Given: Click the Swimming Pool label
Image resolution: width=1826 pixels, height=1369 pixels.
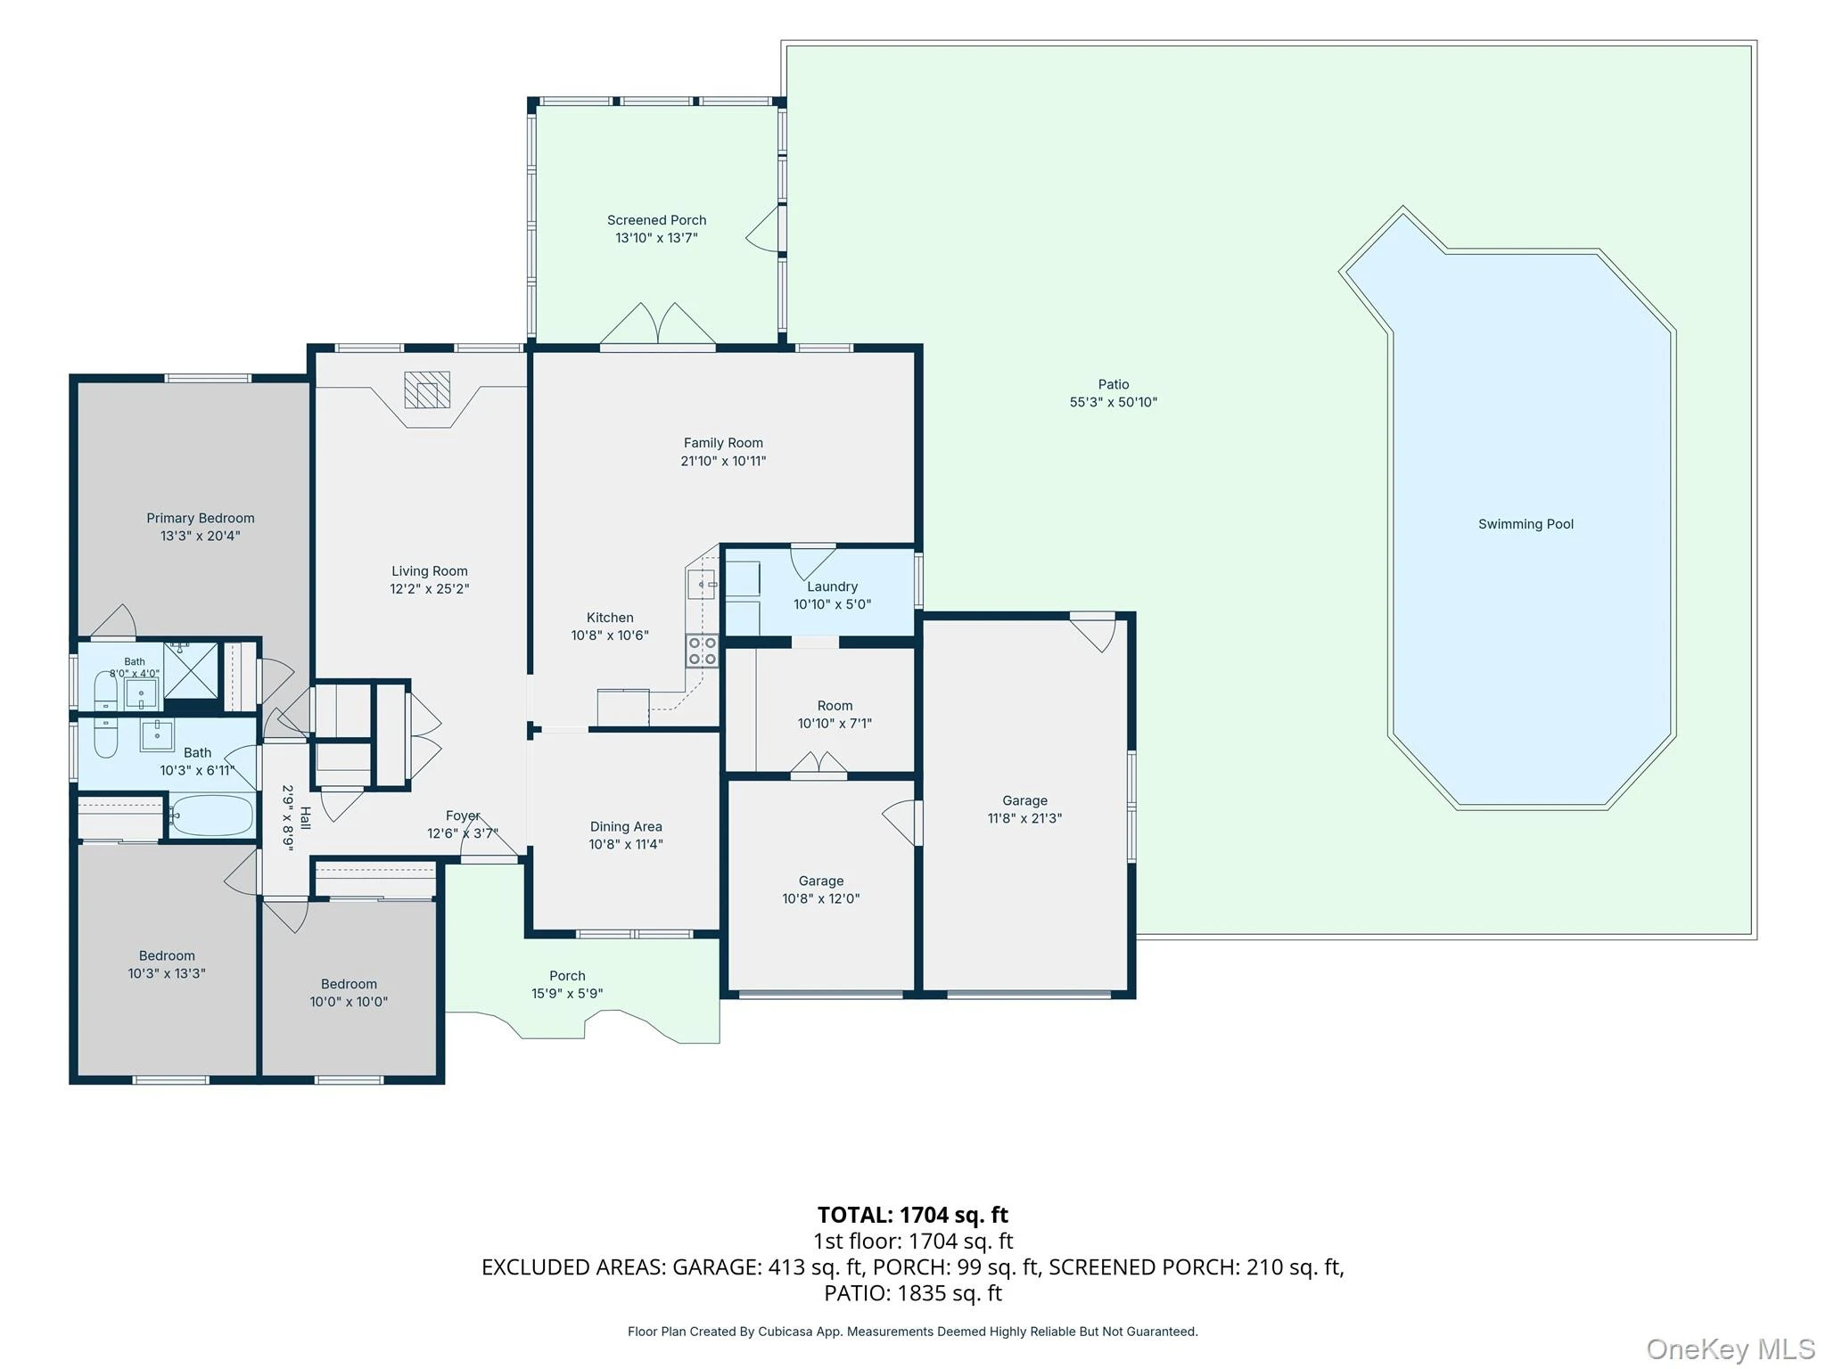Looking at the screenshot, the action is coord(1526,524).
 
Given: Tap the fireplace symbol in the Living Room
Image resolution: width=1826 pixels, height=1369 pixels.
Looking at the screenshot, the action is coord(427,389).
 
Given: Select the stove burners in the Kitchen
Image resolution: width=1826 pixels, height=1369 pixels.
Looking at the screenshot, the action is coord(702,651).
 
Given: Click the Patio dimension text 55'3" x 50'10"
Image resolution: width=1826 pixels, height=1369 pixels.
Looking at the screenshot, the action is coord(1113,402).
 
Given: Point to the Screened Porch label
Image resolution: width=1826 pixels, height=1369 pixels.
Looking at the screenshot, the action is coord(656,220).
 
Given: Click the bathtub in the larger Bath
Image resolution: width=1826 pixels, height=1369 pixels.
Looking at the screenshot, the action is coord(211,816).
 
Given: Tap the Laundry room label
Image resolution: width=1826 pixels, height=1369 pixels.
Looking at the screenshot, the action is coord(832,586).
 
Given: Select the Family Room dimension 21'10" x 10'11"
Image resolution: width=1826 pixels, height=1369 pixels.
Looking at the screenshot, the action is coord(723,461).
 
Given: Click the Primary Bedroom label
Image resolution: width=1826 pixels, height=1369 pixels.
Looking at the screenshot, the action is coord(201,518).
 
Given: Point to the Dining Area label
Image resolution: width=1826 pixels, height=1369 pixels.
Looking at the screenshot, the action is coord(626,826).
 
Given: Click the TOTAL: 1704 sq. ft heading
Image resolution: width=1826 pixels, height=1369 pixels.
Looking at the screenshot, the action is coord(913,1215).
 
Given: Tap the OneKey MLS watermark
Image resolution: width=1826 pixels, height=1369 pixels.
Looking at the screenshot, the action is coord(1730,1349).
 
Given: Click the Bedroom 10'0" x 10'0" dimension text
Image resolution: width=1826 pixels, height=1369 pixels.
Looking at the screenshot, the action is coord(349,1002).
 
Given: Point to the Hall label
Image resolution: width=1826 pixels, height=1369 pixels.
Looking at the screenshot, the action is coord(305,818).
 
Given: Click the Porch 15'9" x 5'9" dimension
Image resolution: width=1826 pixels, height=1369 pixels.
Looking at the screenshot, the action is coord(567,994).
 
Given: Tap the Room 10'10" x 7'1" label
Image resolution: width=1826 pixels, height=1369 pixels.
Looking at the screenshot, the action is coord(835,706).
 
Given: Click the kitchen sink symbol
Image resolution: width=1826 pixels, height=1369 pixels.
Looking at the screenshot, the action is coord(701,585).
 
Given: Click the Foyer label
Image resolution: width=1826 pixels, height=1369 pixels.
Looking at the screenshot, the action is coord(463,816).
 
